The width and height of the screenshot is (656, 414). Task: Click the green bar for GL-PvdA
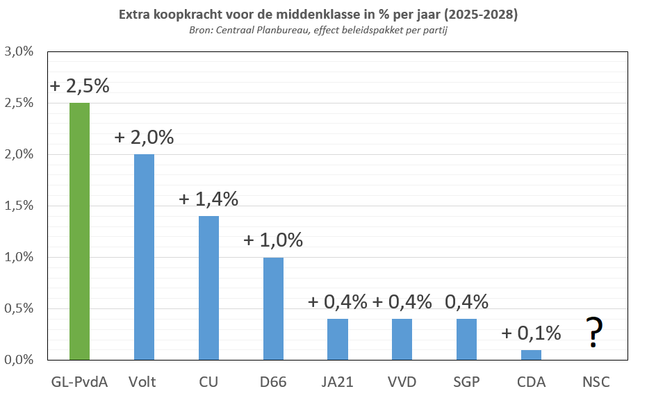79,231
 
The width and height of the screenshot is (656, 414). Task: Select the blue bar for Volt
144,257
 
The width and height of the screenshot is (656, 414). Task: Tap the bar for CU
208,288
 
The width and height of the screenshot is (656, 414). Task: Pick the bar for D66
273,308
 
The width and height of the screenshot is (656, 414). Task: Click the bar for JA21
338,339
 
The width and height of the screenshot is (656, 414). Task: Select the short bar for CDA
531,354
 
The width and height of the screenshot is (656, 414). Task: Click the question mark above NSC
593,332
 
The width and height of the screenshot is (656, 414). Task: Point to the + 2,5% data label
79,87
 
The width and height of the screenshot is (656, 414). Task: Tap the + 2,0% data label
144,138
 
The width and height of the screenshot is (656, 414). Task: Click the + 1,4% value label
208,199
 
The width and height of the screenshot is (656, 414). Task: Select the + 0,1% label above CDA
531,333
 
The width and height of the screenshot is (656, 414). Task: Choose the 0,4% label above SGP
466,302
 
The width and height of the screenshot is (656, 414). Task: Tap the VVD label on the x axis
402,382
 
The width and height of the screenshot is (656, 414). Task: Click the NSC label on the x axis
596,382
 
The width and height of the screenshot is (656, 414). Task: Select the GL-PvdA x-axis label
79,382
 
